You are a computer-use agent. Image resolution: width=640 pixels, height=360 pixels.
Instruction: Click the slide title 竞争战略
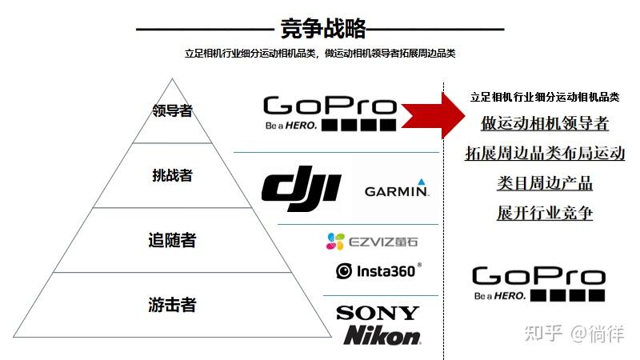coord(323,29)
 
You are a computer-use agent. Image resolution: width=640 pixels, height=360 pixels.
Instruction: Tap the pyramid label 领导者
coord(173,110)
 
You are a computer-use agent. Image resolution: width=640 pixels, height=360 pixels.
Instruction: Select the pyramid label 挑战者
coord(173,174)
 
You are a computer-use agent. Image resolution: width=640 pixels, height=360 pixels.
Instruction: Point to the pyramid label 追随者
coord(172,239)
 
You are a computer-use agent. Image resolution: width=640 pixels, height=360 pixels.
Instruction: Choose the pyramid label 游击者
coord(172,305)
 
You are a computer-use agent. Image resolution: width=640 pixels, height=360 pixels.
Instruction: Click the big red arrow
coord(430,114)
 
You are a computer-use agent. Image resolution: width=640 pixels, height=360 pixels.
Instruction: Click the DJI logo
coord(301,189)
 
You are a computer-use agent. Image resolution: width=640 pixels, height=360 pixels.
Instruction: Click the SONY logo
coord(377,313)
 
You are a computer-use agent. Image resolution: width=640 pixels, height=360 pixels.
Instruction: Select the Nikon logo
coord(382,335)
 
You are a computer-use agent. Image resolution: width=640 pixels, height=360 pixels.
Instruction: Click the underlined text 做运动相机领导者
coord(544,123)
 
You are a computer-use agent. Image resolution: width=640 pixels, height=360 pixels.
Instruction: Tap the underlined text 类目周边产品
coord(544,183)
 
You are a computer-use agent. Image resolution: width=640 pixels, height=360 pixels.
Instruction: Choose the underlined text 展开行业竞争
coord(544,213)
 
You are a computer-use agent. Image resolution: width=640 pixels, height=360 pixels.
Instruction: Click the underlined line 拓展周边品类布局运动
coord(544,154)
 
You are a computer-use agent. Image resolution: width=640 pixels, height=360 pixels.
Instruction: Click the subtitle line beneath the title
coord(320,53)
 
